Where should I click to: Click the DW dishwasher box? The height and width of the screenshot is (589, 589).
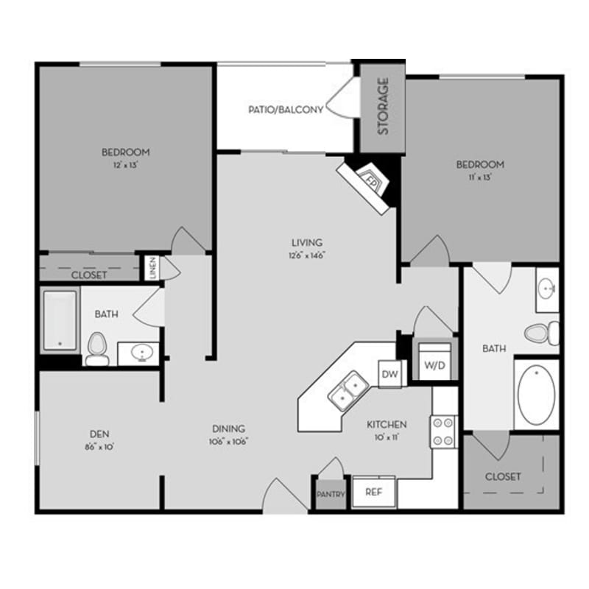point(390,374)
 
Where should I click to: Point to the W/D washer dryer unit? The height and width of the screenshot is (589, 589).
point(431,364)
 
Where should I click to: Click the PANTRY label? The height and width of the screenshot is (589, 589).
point(331,495)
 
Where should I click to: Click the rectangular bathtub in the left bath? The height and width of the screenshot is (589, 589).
point(60,320)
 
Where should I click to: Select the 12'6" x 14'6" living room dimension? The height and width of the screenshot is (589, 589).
point(307,255)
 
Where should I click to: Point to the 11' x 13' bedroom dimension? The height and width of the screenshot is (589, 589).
point(479,177)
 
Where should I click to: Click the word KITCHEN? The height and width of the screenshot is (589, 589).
point(387,425)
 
